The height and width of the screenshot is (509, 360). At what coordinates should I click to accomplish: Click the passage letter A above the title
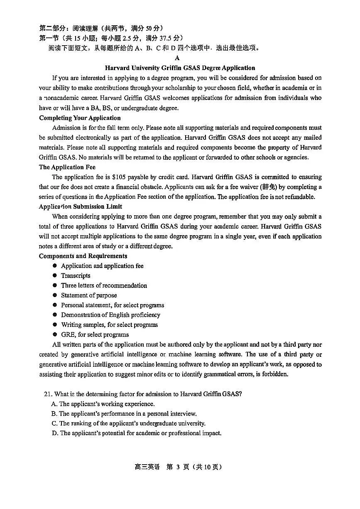pyautogui.click(x=177, y=58)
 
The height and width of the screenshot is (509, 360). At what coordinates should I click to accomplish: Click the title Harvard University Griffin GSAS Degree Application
pyautogui.click(x=180, y=68)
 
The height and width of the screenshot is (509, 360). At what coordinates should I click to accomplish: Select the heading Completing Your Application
pyautogui.click(x=80, y=118)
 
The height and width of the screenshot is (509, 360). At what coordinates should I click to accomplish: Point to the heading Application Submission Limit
pyautogui.click(x=81, y=206)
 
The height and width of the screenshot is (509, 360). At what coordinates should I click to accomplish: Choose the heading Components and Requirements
pyautogui.click(x=83, y=256)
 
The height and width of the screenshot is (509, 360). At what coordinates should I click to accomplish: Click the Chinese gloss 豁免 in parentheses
pyautogui.click(x=269, y=187)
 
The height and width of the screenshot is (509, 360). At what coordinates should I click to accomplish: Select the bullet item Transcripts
pyautogui.click(x=76, y=275)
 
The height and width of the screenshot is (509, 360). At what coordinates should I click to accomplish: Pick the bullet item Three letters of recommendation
pyautogui.click(x=104, y=285)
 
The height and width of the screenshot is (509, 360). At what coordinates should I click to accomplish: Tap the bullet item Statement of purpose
pyautogui.click(x=89, y=295)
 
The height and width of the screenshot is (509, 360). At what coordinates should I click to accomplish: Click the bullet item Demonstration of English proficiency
pyautogui.click(x=110, y=315)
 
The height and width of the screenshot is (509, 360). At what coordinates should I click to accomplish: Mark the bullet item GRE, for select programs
pyautogui.click(x=95, y=334)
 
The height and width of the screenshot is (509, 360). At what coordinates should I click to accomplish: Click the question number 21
pyautogui.click(x=48, y=394)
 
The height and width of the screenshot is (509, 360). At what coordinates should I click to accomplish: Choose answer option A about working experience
pyautogui.click(x=103, y=404)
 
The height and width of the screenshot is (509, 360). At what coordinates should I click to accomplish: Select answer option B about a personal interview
pyautogui.click(x=124, y=414)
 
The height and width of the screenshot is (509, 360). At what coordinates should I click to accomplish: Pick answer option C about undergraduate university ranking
pyautogui.click(x=128, y=424)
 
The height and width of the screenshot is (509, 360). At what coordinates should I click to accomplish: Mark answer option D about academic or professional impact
pyautogui.click(x=136, y=433)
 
